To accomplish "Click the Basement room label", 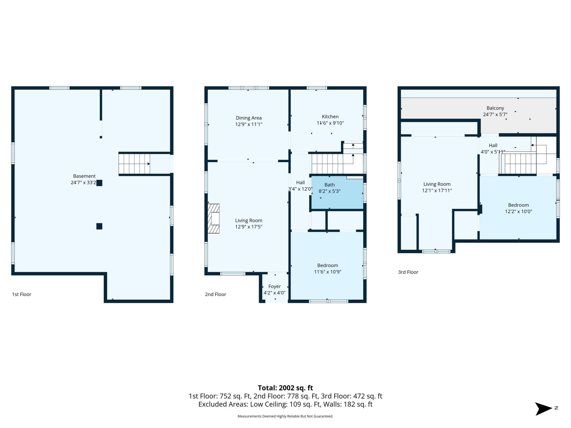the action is pos(84,176).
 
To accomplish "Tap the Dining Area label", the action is pos(249,118).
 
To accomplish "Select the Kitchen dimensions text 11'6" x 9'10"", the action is pos(330,123).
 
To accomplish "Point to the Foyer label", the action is pos(275,286).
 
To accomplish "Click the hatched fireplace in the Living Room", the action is pos(214,218).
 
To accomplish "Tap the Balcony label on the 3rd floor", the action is pos(495,108).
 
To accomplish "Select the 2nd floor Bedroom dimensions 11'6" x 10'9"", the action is pos(328,272).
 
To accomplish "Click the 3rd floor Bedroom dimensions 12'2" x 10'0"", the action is pos(519,212).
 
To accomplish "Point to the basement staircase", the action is pos(134,164).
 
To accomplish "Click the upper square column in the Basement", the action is pos(99,183).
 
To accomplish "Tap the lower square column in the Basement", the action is pos(99,226).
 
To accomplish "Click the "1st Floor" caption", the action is pos(22,294).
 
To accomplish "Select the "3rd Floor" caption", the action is pos(408,272).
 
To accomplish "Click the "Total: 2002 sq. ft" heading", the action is pos(285,388).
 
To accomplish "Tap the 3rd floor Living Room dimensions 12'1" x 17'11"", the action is pos(437,191).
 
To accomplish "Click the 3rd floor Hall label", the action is pos(493,145).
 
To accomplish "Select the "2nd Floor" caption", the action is pos(215,294).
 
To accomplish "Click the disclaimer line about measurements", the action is pos(285,416).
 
